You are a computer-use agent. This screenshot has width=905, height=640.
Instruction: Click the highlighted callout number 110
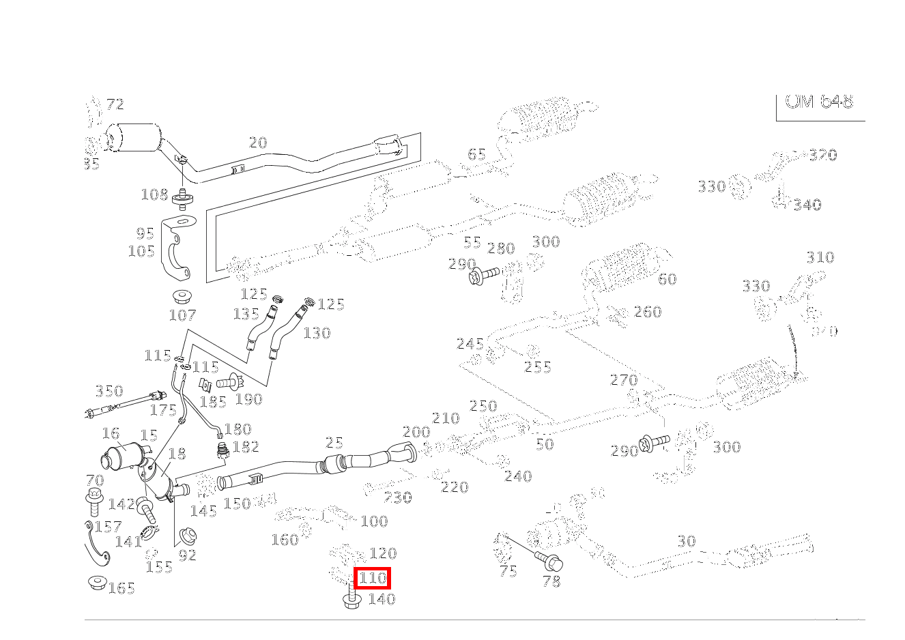[x=373, y=579]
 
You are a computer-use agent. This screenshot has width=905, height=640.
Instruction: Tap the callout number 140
[x=382, y=599]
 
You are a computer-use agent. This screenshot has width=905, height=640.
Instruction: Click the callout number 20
[x=258, y=143]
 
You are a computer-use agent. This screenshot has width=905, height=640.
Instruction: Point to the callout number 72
[x=115, y=104]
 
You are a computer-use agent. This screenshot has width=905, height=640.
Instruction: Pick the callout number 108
[x=154, y=194]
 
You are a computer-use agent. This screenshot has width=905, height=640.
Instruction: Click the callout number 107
[x=182, y=315]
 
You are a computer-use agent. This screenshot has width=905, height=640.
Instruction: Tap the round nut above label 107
[x=182, y=297]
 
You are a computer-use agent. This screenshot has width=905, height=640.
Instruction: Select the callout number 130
[x=317, y=333]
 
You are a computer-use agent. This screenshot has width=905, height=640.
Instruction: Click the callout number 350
[x=109, y=391]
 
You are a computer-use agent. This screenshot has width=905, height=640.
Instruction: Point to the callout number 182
[x=246, y=447]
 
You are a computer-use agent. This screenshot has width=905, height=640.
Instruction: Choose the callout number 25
[x=334, y=443]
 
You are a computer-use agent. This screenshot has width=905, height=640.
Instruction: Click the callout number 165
[x=121, y=588]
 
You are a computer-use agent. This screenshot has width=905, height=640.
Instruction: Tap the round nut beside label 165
[x=97, y=582]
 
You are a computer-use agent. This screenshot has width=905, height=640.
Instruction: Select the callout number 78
[x=551, y=581]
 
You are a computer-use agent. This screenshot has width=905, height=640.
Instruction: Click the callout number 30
[x=687, y=541]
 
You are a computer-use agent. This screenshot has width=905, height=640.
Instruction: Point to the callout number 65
[x=476, y=154]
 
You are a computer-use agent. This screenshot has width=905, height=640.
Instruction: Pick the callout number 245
[x=470, y=343]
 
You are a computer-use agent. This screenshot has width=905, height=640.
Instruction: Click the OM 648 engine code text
[x=819, y=102]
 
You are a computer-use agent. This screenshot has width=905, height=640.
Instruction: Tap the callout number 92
[x=187, y=555]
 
